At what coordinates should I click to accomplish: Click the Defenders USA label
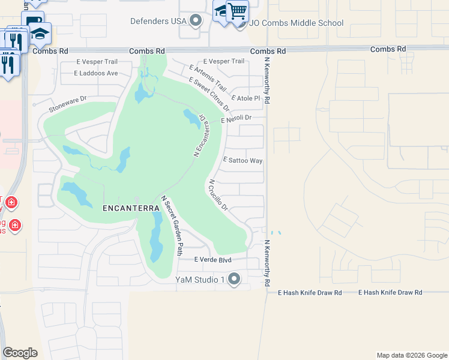(x=158, y=22)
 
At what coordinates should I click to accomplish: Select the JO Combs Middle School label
(x=297, y=23)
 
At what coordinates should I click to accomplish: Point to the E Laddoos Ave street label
(x=96, y=73)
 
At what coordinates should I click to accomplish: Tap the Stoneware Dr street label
(x=68, y=104)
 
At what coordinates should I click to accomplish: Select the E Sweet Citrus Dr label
(x=209, y=94)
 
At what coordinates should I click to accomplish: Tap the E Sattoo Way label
(x=243, y=161)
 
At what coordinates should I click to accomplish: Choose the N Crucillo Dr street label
(x=218, y=195)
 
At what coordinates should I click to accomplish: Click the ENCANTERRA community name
(x=131, y=208)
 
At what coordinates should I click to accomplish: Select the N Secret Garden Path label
(x=172, y=226)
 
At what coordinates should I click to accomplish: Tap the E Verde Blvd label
(x=212, y=260)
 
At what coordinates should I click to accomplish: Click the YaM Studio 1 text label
(x=199, y=279)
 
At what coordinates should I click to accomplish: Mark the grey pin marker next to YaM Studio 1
(x=234, y=279)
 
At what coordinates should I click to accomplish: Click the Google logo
(x=20, y=353)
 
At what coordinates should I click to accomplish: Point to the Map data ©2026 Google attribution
(x=412, y=355)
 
